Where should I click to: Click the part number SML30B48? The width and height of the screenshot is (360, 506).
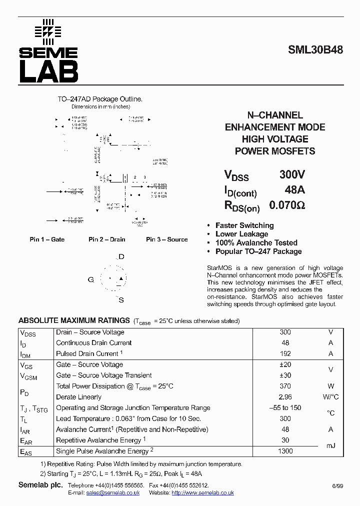point(315,50)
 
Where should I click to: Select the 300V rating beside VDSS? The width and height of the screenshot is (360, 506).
point(292,175)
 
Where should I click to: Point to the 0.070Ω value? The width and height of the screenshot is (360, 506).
point(287,205)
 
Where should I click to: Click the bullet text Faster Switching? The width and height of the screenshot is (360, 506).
point(244,225)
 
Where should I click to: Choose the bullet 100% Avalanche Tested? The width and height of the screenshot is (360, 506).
point(256,243)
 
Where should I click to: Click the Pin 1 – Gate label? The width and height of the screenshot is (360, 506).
point(47,239)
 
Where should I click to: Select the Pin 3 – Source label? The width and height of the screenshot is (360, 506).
point(166,239)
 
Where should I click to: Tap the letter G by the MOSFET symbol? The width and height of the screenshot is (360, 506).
point(91,279)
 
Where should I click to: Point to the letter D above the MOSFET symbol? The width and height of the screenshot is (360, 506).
point(121,257)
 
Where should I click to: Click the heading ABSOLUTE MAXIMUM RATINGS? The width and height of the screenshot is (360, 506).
point(74,320)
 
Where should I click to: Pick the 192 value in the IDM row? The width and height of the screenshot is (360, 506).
point(285,353)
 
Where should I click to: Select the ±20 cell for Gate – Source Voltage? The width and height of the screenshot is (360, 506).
point(285,365)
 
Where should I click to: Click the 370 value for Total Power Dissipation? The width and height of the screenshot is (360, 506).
point(285,386)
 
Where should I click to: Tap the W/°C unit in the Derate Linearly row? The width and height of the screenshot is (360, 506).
point(330,397)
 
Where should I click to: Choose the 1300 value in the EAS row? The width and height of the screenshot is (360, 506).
point(285,451)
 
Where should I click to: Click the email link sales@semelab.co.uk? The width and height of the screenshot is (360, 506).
point(112,492)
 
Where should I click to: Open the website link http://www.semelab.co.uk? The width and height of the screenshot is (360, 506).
point(202,492)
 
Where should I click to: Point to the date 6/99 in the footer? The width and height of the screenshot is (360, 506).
point(337,486)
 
